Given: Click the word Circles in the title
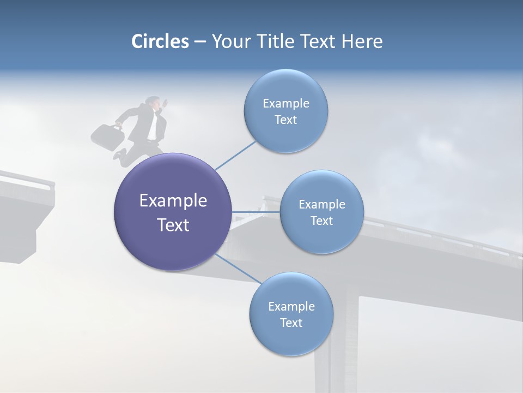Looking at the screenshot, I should point(160,41).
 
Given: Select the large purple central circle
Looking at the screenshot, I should point(173,212).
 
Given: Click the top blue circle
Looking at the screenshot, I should point(285,111).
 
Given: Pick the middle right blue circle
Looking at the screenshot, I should point(321,212).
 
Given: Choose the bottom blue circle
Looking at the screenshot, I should point(291,314).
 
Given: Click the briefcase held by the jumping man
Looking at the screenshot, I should point(107,136).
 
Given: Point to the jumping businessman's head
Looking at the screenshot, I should point(154,103).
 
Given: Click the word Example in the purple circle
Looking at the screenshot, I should point(173,200).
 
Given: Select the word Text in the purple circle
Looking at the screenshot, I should point(173,225).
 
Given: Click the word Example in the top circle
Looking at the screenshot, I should point(285,103).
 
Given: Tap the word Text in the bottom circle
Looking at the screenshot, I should point(291,323).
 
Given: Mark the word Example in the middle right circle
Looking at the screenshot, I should point(321,204).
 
